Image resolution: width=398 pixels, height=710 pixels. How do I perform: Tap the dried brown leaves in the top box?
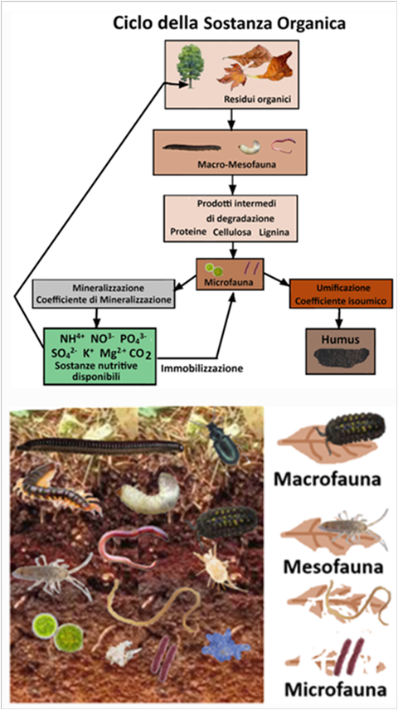(x=255, y=66)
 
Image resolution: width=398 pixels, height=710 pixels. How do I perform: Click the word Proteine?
(x=187, y=232)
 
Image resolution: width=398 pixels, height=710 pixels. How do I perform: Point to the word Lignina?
(x=274, y=232)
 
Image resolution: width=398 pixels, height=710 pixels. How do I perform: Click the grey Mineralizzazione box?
(x=104, y=294)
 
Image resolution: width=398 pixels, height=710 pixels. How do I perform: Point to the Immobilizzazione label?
(x=202, y=368)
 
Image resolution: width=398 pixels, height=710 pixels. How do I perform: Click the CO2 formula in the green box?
(x=141, y=353)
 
